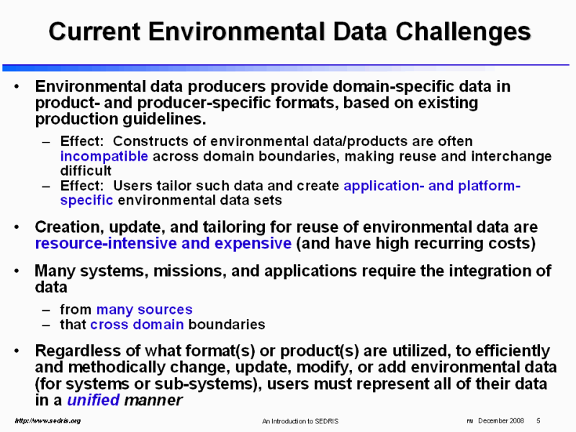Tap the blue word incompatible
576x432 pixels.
[104, 156]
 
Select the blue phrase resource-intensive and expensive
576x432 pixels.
[163, 243]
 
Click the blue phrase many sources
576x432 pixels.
[144, 310]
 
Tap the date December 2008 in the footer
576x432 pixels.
[500, 420]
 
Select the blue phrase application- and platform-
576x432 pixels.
[432, 185]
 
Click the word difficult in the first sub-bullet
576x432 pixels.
[86, 171]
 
